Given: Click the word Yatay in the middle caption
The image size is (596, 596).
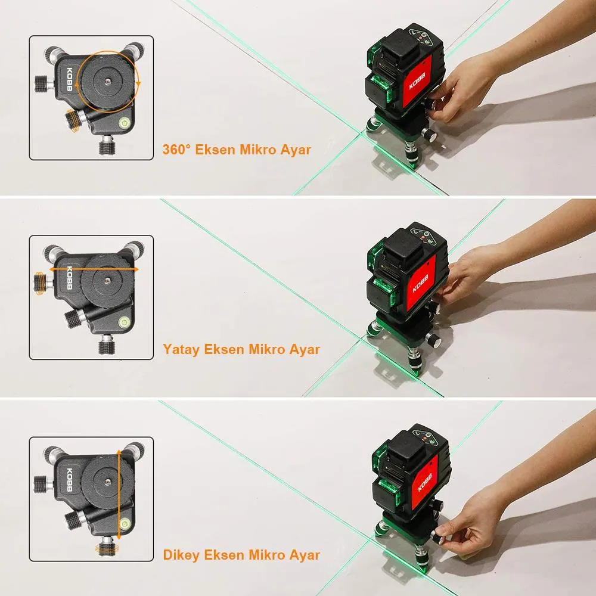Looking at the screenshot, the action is [181, 349].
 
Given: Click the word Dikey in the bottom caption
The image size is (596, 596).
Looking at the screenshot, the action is [181, 555].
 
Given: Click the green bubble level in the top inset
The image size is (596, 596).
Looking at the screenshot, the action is [125, 122].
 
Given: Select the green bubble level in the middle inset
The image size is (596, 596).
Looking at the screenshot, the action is [125, 322].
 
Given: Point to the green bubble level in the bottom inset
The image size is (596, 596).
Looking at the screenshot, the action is [125, 524].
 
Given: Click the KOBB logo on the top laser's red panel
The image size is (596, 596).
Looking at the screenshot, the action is [417, 81].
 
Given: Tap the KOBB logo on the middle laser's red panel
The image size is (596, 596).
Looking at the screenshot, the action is [421, 283].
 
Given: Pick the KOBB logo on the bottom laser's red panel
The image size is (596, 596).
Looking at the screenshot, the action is [424, 483].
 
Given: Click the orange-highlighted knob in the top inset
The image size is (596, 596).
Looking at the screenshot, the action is [73, 120].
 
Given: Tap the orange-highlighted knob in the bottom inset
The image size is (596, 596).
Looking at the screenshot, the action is [107, 549].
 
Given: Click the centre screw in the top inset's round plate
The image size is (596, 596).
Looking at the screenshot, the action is [108, 81].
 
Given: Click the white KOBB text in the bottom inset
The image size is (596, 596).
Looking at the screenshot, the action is [70, 480].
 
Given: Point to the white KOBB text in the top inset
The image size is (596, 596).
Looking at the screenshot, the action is [70, 79].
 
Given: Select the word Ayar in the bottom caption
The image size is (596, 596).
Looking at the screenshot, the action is [305, 555].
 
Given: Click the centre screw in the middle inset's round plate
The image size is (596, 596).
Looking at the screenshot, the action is [108, 281].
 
